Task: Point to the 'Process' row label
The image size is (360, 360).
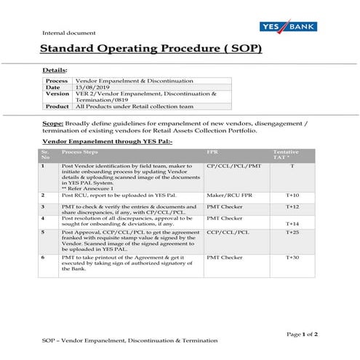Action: tap(57, 81)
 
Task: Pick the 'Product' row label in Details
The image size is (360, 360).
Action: tap(57, 106)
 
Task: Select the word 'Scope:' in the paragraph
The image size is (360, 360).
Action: tap(53, 124)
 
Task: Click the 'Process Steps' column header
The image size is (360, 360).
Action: tap(79, 153)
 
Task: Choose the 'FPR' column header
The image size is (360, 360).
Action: tap(212, 153)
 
